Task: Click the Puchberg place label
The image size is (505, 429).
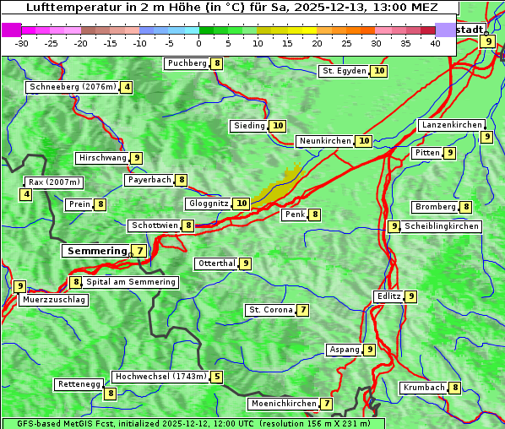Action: point(187,63)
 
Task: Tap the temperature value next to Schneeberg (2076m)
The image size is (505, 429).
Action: point(127,87)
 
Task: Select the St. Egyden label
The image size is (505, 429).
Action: point(345,71)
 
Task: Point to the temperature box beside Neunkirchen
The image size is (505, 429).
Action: point(363,141)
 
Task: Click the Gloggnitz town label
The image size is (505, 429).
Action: point(208,204)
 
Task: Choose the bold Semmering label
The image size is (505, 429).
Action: point(95,251)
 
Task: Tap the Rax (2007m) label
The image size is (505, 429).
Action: point(54,182)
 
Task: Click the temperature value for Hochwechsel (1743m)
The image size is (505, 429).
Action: point(217,377)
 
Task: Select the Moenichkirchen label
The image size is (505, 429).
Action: point(284,404)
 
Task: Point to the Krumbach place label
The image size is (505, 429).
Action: point(424,388)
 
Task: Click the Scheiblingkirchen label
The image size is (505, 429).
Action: point(442,226)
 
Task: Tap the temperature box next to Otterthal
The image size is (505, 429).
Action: point(245,263)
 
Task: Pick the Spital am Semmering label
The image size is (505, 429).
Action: point(131,282)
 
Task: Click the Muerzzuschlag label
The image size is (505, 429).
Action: point(53,300)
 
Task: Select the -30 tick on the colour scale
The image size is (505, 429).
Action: point(22,43)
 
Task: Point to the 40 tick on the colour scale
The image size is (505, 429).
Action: point(435,43)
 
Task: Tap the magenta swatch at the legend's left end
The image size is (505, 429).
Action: point(11,30)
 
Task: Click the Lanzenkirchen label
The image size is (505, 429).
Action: point(452,125)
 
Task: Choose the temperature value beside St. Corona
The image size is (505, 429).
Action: point(302,310)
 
